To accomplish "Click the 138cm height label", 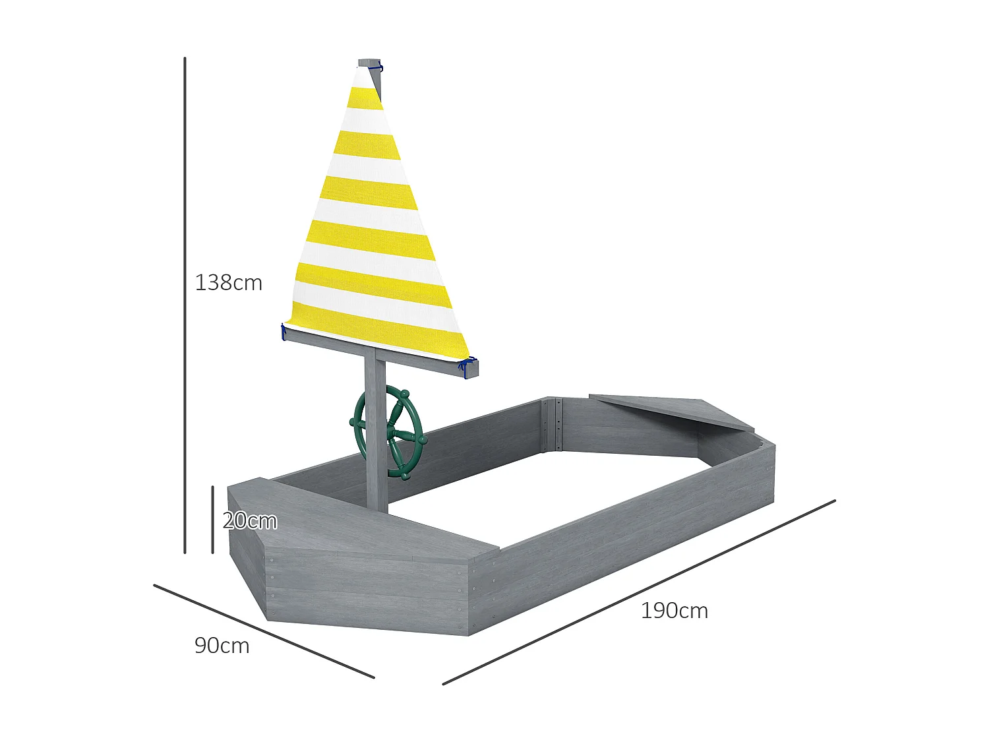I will (228, 283).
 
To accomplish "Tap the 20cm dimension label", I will (249, 521).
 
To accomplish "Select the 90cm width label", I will (222, 646).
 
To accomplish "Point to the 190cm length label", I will (674, 611).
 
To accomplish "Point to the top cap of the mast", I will (369, 63).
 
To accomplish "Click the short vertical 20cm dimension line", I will (212, 520).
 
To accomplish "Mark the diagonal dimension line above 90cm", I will (264, 631).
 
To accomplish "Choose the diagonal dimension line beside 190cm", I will (638, 592).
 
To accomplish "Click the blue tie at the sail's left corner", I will (284, 332).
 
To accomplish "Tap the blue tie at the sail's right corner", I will (469, 362).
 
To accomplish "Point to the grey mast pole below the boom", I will (376, 448).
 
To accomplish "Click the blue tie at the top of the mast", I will (380, 67).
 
